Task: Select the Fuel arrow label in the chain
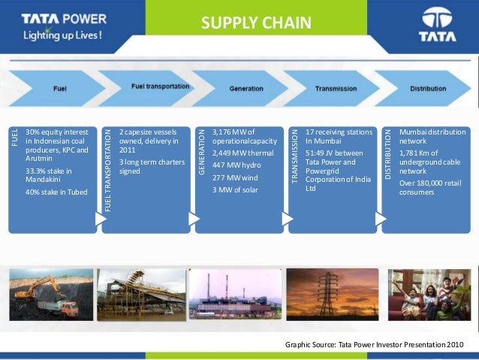click(x=59, y=89)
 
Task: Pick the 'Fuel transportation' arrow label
click(x=160, y=86)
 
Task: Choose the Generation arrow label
click(x=246, y=89)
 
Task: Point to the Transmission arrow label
click(x=336, y=89)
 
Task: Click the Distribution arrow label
click(x=428, y=89)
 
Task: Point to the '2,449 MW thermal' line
click(x=243, y=153)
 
